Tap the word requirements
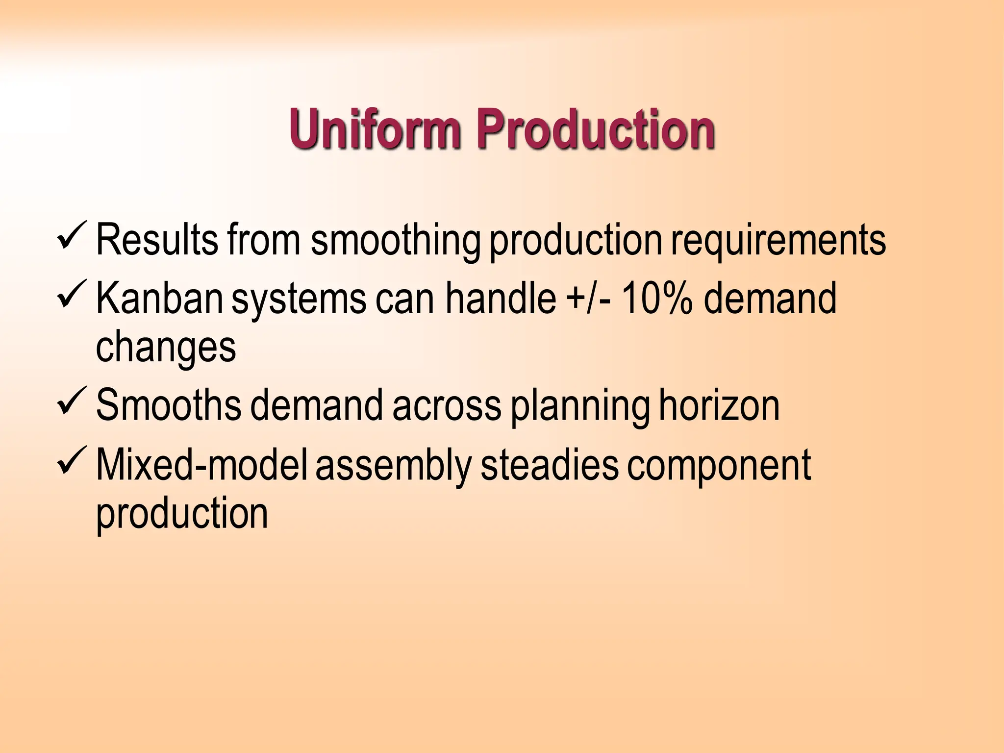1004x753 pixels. (778, 240)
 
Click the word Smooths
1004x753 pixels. (169, 405)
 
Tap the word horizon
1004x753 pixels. (719, 405)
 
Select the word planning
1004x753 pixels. (580, 407)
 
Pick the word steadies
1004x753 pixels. (549, 465)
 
